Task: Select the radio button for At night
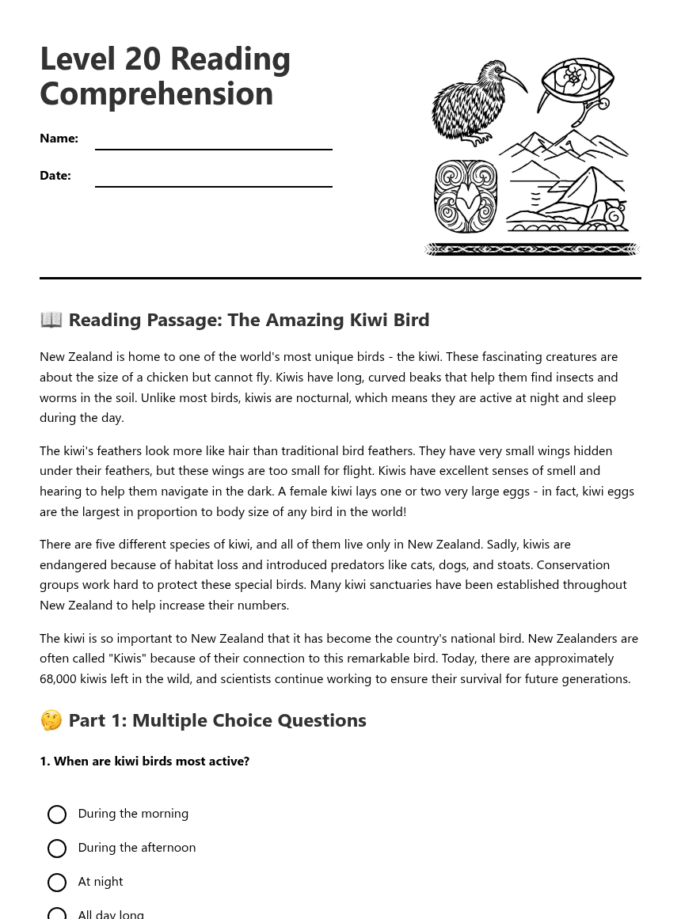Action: pos(57,883)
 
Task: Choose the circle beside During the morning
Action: pos(57,815)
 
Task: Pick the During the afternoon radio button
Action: pos(57,849)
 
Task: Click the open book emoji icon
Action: pos(51,320)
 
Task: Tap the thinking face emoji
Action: pos(51,720)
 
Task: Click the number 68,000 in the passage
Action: pos(60,679)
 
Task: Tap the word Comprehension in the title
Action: pos(156,94)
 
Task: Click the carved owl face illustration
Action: pos(466,197)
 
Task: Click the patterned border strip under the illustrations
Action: pos(531,249)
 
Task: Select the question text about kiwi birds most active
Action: pos(144,761)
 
